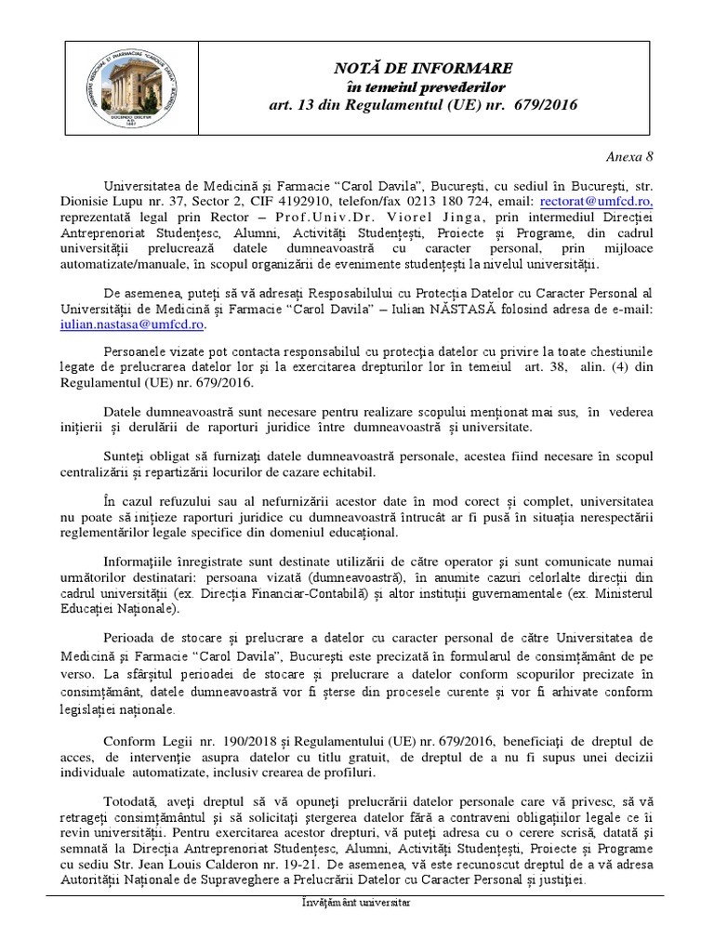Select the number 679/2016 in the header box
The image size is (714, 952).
click(544, 105)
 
